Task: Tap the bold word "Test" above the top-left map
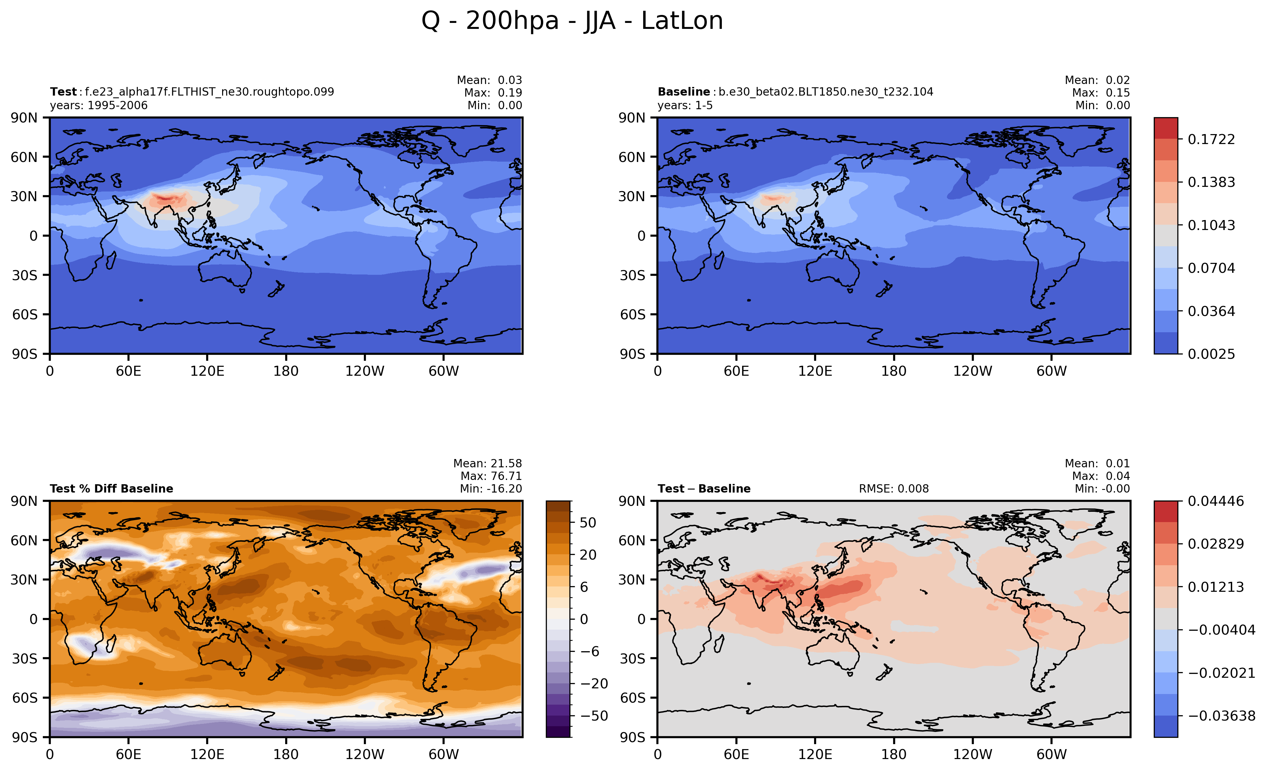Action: pyautogui.click(x=63, y=92)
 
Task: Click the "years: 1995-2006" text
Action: pyautogui.click(x=99, y=105)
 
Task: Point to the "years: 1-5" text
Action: pyautogui.click(x=685, y=105)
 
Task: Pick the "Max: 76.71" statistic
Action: pyautogui.click(x=491, y=476)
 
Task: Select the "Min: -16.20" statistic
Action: pyautogui.click(x=491, y=489)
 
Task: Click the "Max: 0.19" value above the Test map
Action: pyautogui.click(x=493, y=93)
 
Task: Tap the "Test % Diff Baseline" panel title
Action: pyautogui.click(x=112, y=489)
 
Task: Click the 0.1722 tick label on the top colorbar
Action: pyautogui.click(x=1211, y=139)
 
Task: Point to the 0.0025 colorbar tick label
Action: pyautogui.click(x=1211, y=354)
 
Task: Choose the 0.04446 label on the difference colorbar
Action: pyautogui.click(x=1216, y=501)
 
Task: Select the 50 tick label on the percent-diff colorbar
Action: pyautogui.click(x=588, y=522)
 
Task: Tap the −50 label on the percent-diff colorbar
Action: pyautogui.click(x=594, y=716)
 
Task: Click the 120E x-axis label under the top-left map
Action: pyautogui.click(x=207, y=371)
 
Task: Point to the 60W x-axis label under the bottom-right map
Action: pyautogui.click(x=1051, y=754)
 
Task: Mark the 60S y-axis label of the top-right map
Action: pyautogui.click(x=632, y=314)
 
